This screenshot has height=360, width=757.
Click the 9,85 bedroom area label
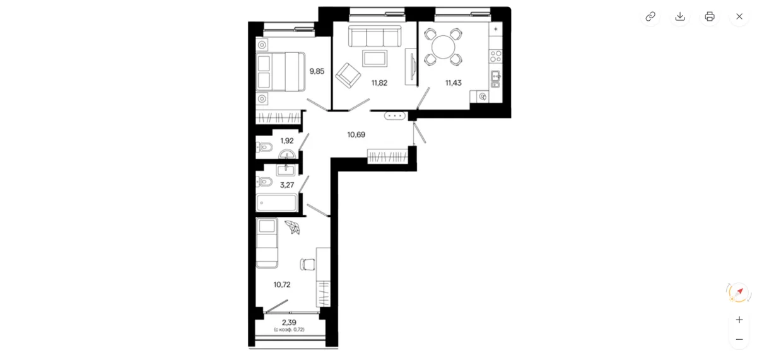coord(317,71)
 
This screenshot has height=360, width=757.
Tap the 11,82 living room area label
coord(379,83)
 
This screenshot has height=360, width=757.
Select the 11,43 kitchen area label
coord(453,83)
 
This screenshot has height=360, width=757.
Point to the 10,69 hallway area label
coord(356,135)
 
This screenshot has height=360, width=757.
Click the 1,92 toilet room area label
coord(287,141)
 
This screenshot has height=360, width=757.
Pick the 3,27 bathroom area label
coord(287,185)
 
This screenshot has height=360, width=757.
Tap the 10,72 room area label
coord(282,285)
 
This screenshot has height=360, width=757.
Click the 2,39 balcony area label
coord(289,323)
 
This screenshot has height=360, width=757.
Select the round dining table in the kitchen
coord(443,47)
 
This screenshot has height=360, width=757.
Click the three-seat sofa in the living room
coord(375,36)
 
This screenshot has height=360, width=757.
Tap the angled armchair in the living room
coord(348,75)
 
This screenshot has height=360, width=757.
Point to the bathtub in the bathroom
coord(277,203)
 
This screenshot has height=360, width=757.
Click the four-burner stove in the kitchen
coord(496,56)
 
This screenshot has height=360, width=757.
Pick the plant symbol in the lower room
coord(293,227)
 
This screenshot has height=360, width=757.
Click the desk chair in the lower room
coord(307,264)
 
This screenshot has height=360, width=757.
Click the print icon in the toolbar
coord(709,16)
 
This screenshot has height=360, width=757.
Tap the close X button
coord(739,16)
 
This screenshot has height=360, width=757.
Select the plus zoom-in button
coord(739,320)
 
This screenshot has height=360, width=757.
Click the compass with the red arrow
coord(739,293)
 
